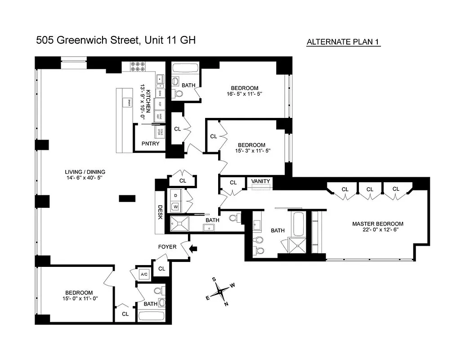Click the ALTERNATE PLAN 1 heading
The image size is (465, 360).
[x=344, y=42]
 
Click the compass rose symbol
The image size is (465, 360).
[x=220, y=292]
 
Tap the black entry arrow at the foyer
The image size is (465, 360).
[x=193, y=248]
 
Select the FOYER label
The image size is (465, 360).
[x=167, y=247]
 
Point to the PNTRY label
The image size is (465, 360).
[x=150, y=144]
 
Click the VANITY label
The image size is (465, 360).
[x=261, y=181]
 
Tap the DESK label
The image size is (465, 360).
[x=160, y=212]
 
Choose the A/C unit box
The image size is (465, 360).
[x=144, y=274]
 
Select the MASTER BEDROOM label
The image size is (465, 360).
[x=377, y=224]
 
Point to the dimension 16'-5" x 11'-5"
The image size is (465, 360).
[x=245, y=94]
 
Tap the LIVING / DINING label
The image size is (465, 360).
[x=85, y=172]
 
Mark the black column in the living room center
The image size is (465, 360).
[x=127, y=198]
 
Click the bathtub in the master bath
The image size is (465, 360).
[x=299, y=224]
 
